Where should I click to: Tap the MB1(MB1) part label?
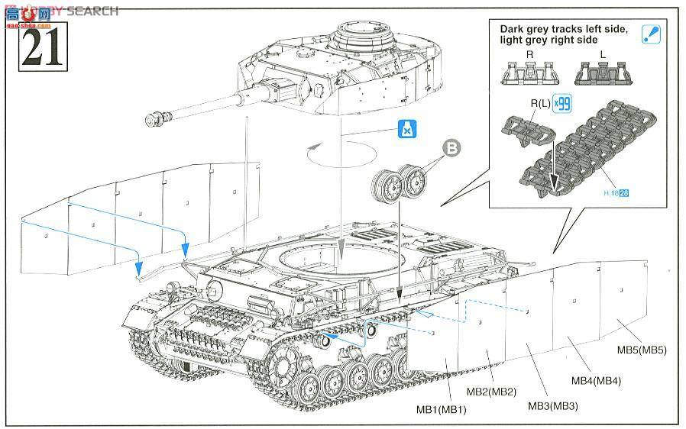(x=441, y=410)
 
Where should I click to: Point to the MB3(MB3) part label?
(x=551, y=405)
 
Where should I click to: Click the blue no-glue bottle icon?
(x=408, y=131)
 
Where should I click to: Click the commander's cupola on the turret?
(x=364, y=34)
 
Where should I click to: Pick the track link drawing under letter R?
(x=529, y=73)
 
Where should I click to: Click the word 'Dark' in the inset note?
(x=513, y=30)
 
